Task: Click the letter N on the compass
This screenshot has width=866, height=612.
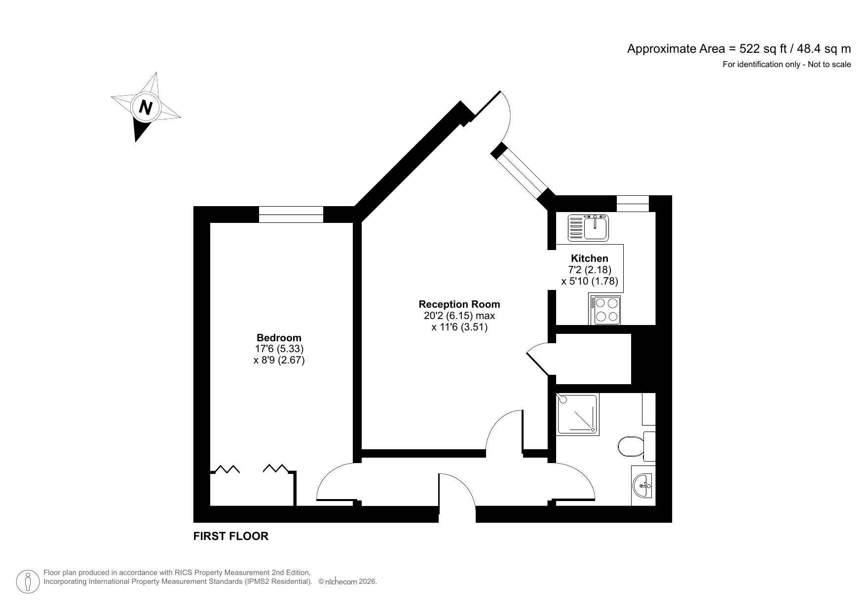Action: tap(145, 107)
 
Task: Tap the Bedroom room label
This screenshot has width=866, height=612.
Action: tap(279, 338)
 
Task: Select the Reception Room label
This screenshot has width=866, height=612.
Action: tap(459, 304)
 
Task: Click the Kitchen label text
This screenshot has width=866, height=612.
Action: tap(589, 258)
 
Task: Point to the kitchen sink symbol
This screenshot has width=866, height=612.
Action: tap(589, 227)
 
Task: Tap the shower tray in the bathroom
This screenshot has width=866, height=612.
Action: tap(577, 414)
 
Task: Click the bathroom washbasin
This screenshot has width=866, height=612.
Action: tap(643, 485)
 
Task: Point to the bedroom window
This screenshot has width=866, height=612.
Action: tap(291, 215)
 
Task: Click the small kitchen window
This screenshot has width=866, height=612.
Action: tap(633, 203)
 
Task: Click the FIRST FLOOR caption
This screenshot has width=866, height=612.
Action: tap(230, 536)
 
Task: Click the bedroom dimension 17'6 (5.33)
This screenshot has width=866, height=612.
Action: tap(279, 349)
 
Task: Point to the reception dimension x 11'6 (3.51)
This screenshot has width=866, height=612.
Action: tap(459, 326)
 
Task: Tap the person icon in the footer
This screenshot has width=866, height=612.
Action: tap(28, 581)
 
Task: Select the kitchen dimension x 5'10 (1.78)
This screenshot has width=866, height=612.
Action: tap(589, 281)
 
